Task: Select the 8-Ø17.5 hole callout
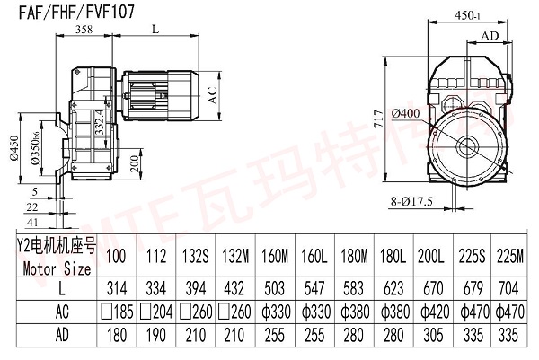pos(414,201)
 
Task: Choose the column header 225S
pos(473,258)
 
